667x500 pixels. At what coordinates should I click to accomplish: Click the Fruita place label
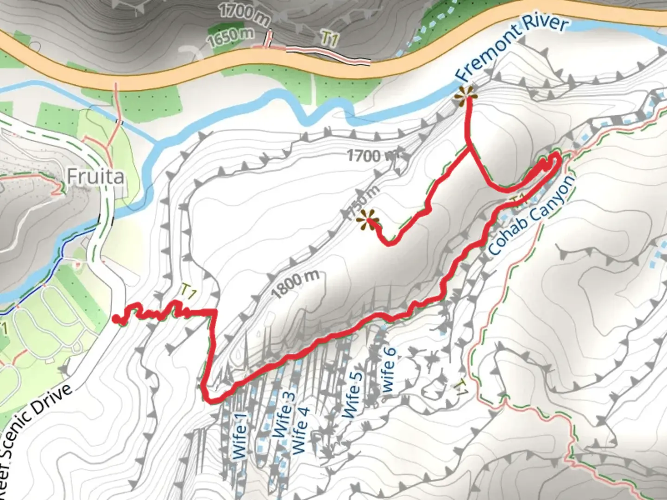[95, 176]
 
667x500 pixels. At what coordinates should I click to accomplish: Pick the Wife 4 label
[300, 431]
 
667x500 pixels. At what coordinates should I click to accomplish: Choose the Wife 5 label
[352, 394]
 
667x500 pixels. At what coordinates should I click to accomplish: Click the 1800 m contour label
[295, 283]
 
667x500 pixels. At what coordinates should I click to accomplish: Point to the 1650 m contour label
[231, 37]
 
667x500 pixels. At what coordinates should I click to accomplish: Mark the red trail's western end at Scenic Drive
[115, 318]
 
